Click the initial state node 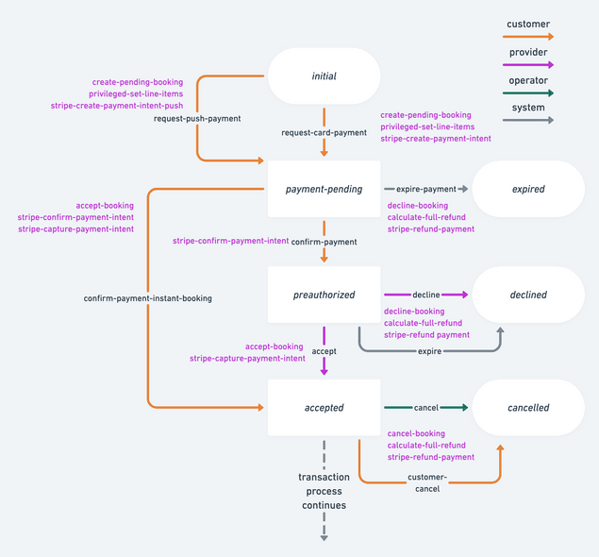[x=324, y=76]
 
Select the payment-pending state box [x=324, y=189]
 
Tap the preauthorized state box [x=324, y=295]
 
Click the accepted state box [x=324, y=408]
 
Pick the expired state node [x=528, y=189]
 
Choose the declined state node [x=528, y=295]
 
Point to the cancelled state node [x=528, y=408]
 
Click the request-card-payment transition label [x=324, y=133]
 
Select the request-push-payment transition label [x=197, y=119]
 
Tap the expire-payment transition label [x=425, y=189]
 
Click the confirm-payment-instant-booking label [x=148, y=298]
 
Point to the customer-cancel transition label [x=426, y=482]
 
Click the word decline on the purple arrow [x=426, y=295]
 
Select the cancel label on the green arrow [x=426, y=408]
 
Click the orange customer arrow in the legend [x=529, y=37]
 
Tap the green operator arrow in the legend [x=529, y=93]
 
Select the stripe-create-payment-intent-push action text [x=117, y=106]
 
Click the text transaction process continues [x=324, y=491]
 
